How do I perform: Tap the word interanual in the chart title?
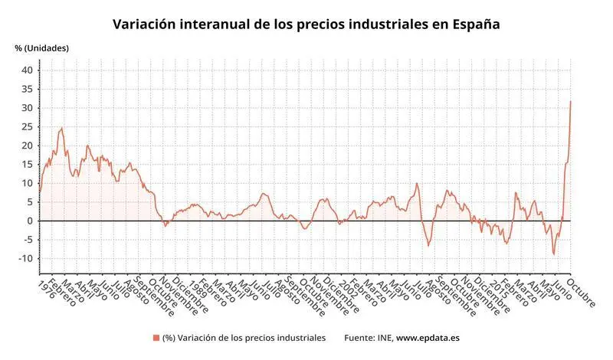click(221, 24)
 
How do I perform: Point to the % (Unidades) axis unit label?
click(41, 48)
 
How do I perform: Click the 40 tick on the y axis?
click(27, 70)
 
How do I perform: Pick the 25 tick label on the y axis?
click(27, 127)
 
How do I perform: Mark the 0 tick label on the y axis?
click(30, 221)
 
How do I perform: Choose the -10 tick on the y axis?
click(25, 259)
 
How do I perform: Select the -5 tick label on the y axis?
click(27, 240)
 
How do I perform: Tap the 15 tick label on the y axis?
click(27, 165)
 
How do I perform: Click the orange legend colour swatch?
click(156, 338)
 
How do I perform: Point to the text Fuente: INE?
click(369, 338)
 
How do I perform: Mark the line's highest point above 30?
click(571, 101)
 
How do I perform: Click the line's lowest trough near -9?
click(554, 255)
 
